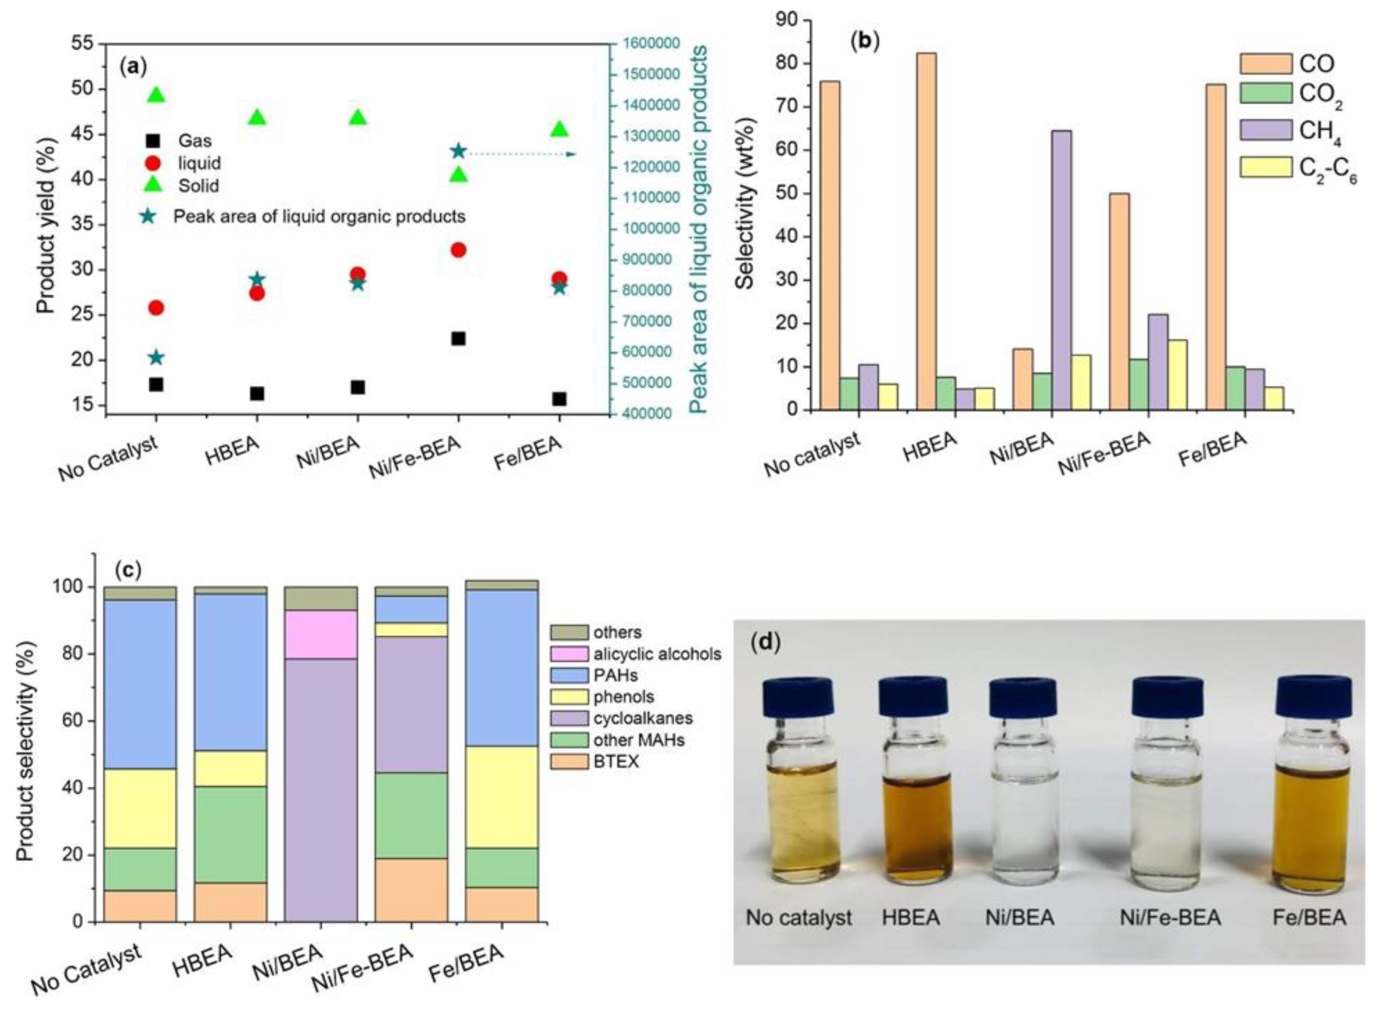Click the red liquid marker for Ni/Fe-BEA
click(x=458, y=250)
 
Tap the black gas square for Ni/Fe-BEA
click(x=458, y=338)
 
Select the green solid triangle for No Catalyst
click(x=156, y=95)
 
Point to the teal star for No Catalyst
click(x=156, y=357)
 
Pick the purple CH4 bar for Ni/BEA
click(x=1062, y=269)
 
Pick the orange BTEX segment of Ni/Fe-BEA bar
click(x=411, y=890)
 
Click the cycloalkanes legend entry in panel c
click(x=621, y=718)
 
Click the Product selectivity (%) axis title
click(x=25, y=737)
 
